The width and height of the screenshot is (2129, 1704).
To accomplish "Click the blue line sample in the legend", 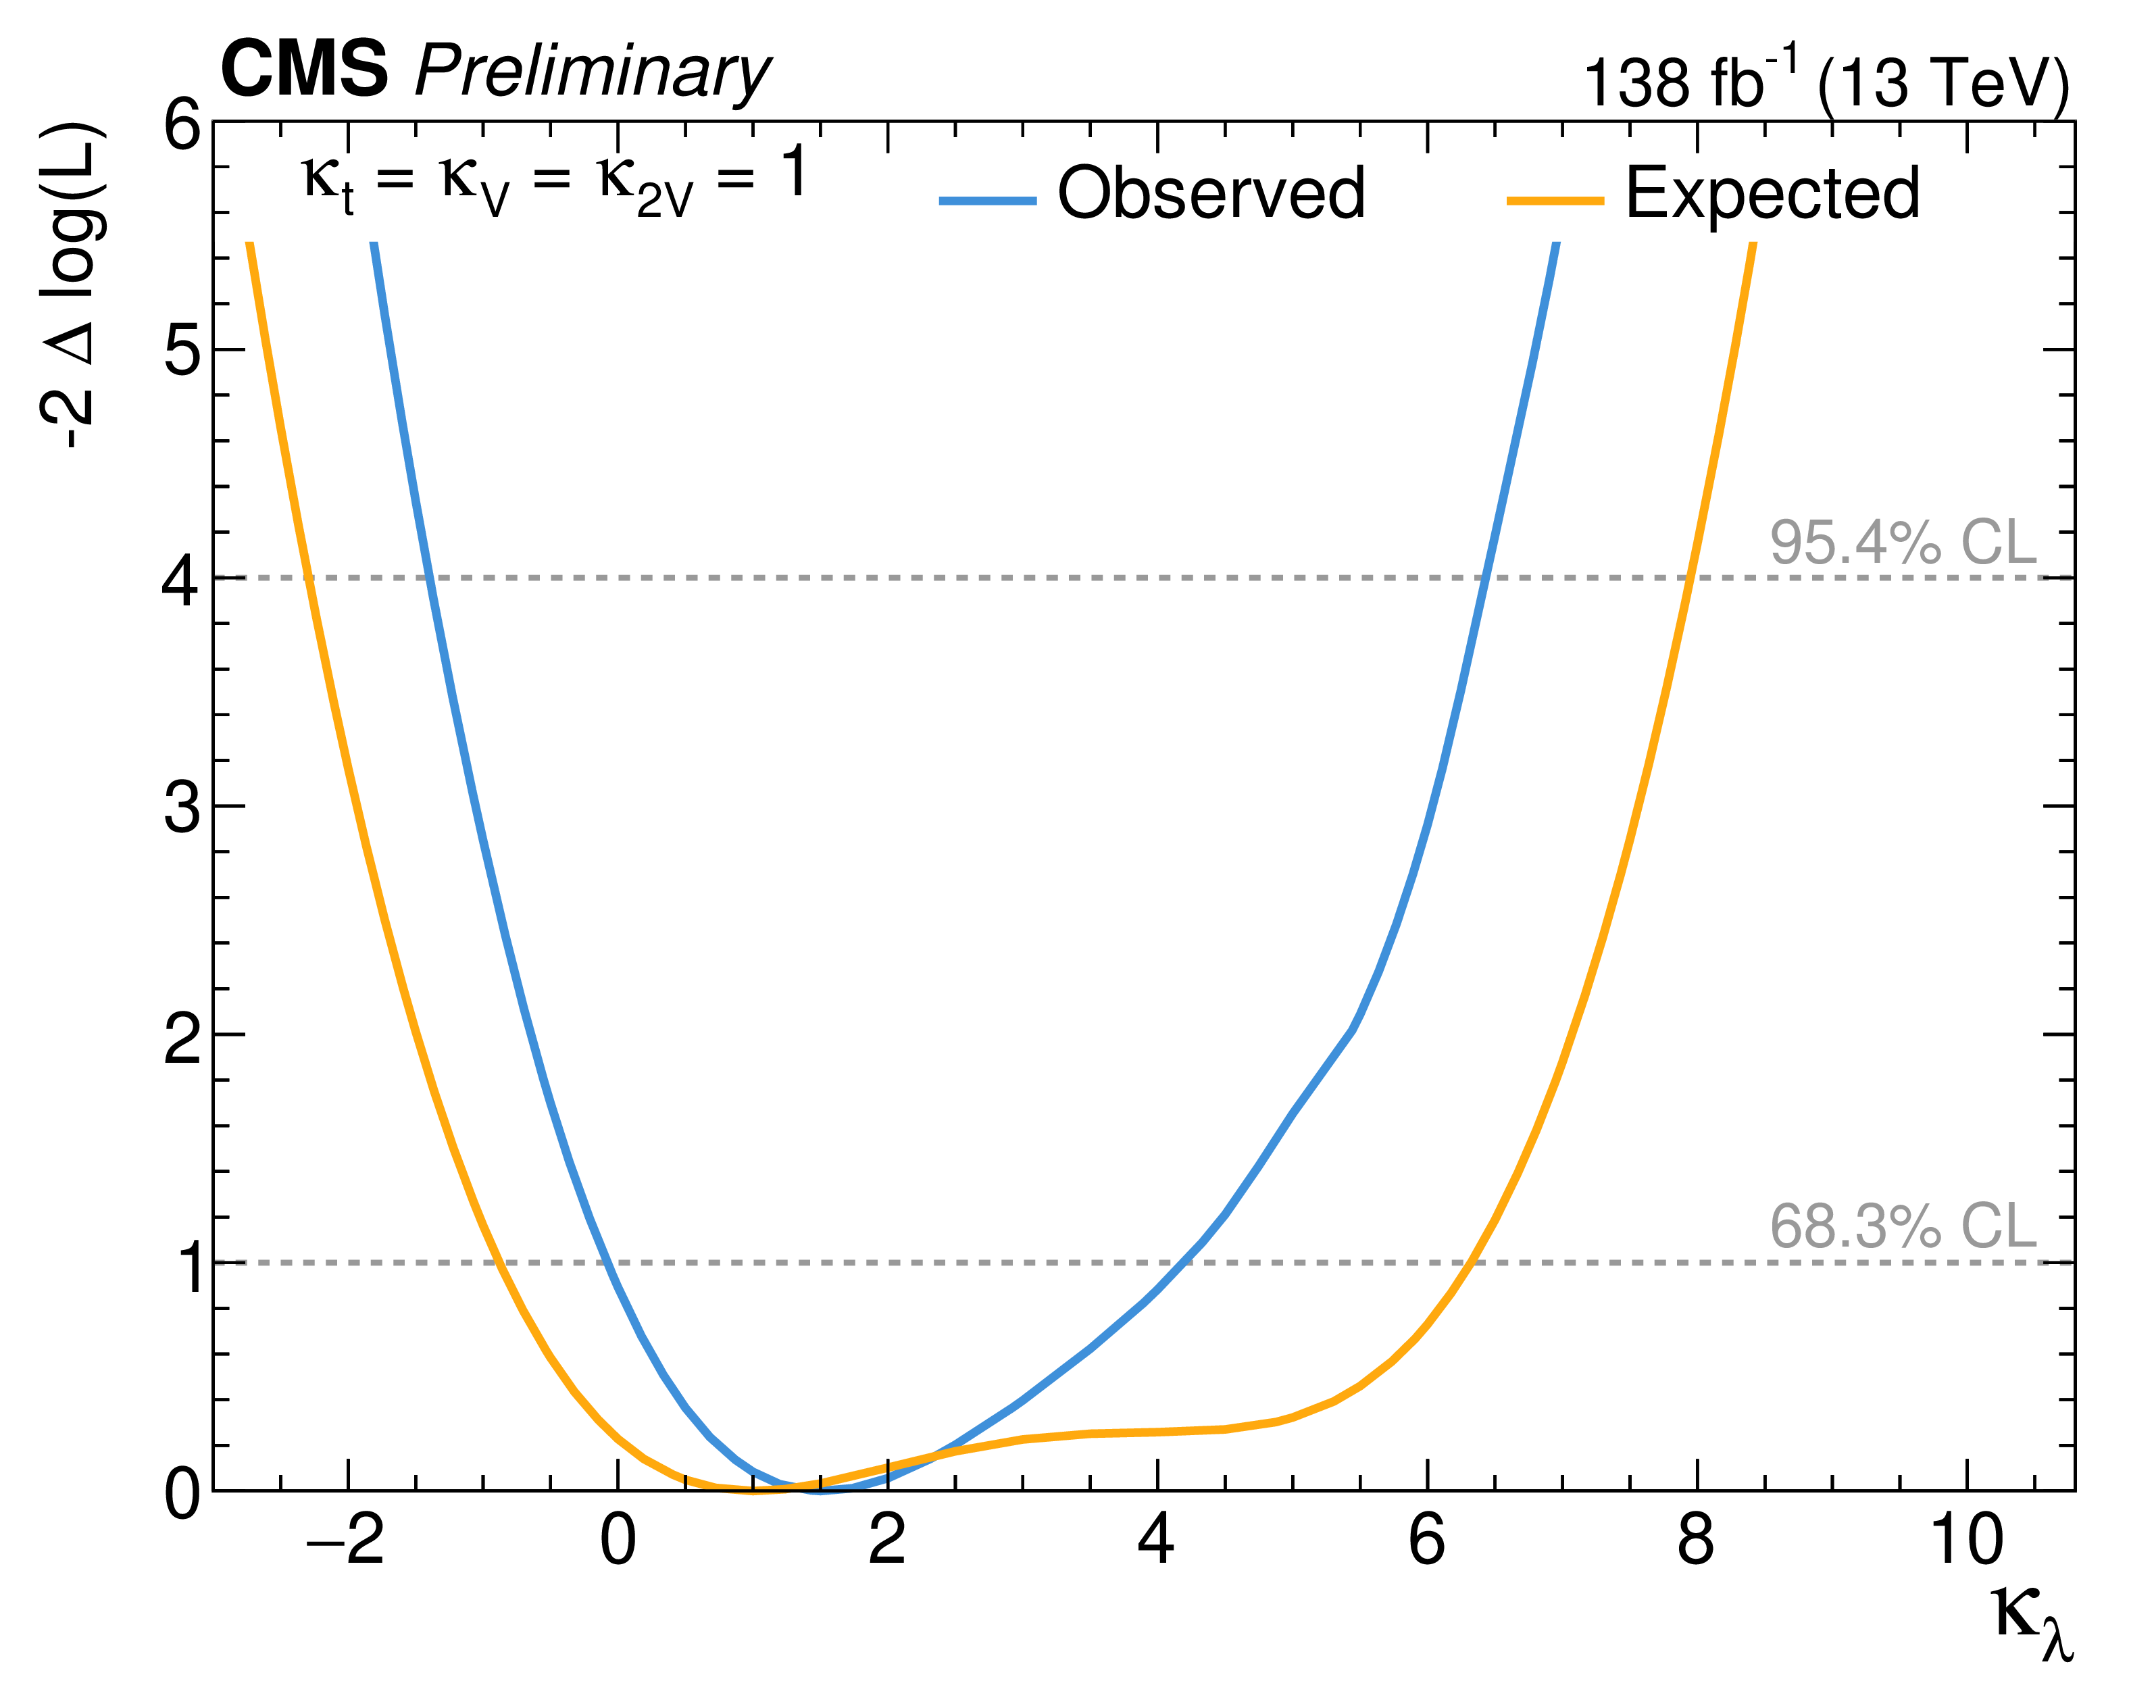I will (x=988, y=201).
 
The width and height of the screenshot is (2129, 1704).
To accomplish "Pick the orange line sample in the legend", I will (x=1555, y=201).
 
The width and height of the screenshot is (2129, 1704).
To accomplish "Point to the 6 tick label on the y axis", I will (x=182, y=126).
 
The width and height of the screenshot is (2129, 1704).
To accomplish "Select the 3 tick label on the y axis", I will (x=182, y=807).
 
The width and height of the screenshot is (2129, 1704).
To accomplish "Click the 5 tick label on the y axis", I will (x=182, y=351).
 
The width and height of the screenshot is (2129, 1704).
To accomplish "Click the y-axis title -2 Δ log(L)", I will (x=71, y=286).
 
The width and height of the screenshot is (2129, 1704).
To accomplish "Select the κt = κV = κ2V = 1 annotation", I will (x=555, y=180).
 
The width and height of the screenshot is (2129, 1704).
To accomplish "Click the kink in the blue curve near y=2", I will (x=1352, y=1030).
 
